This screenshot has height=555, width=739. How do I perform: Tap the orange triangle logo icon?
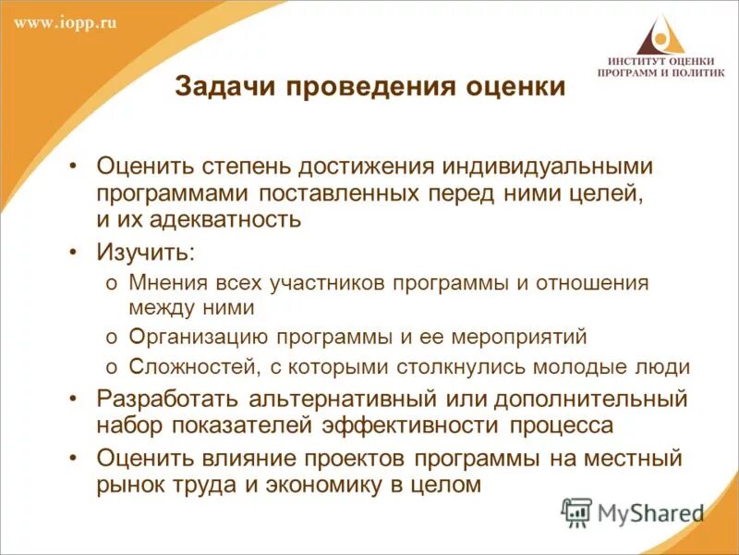(660, 38)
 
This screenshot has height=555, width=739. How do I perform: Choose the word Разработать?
(167, 400)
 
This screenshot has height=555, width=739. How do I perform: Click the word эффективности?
(412, 425)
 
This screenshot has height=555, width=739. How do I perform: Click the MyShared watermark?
(633, 512)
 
